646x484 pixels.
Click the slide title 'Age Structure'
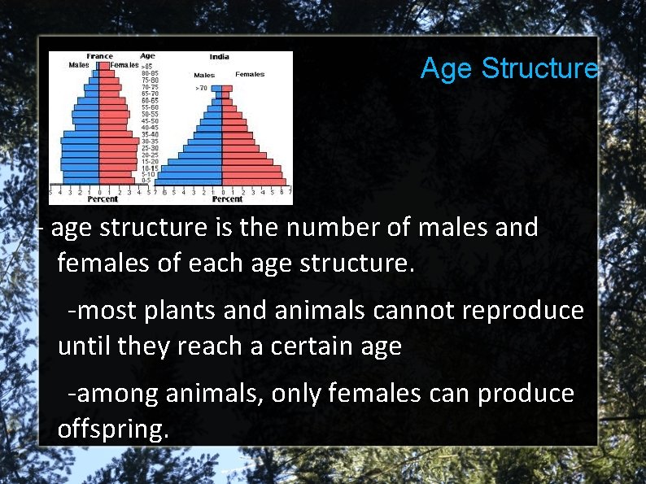click(x=509, y=68)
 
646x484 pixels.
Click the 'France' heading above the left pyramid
click(x=99, y=56)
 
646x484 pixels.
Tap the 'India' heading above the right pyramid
click(x=219, y=57)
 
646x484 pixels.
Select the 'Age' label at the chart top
click(x=147, y=56)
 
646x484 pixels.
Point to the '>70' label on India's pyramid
click(x=201, y=87)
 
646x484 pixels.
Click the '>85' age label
click(x=146, y=66)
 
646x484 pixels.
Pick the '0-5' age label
click(x=147, y=180)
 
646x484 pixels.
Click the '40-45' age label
click(x=150, y=127)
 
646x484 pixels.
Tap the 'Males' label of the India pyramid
click(x=204, y=75)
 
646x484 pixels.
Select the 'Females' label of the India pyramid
click(x=250, y=74)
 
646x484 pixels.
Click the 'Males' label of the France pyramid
click(x=79, y=65)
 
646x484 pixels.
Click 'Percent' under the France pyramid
click(x=103, y=198)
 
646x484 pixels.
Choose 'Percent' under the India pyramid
click(x=227, y=198)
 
